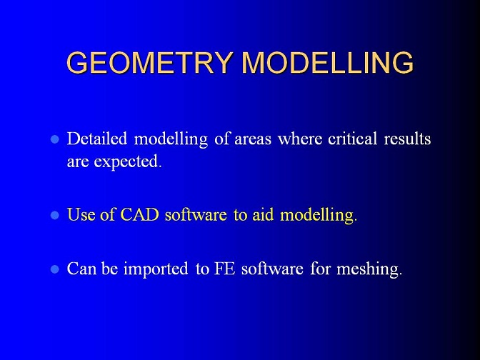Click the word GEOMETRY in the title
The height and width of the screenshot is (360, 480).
pos(149,62)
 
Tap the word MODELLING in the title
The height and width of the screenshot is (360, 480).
pos(328,62)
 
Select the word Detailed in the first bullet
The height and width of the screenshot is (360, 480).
pos(97,139)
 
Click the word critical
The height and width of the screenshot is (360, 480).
pos(352,139)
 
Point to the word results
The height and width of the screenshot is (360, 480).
pos(407,139)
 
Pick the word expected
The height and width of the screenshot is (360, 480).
pos(128,161)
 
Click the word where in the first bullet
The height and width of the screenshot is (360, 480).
pos(300,139)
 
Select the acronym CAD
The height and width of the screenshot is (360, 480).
pos(139,214)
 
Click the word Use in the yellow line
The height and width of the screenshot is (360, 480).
pos(81,214)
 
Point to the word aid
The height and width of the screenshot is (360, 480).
pos(263,214)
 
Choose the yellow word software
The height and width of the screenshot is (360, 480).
pos(196,214)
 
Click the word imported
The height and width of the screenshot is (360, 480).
pos(156,269)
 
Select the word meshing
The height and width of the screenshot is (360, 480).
pos(369,269)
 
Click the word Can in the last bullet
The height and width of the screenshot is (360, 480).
pos(81,269)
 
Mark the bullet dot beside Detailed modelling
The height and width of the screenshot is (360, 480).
pos(55,139)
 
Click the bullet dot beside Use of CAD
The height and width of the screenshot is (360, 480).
pos(55,216)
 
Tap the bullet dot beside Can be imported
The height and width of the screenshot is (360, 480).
pos(55,270)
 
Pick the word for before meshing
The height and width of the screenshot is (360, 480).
pos(321,269)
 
